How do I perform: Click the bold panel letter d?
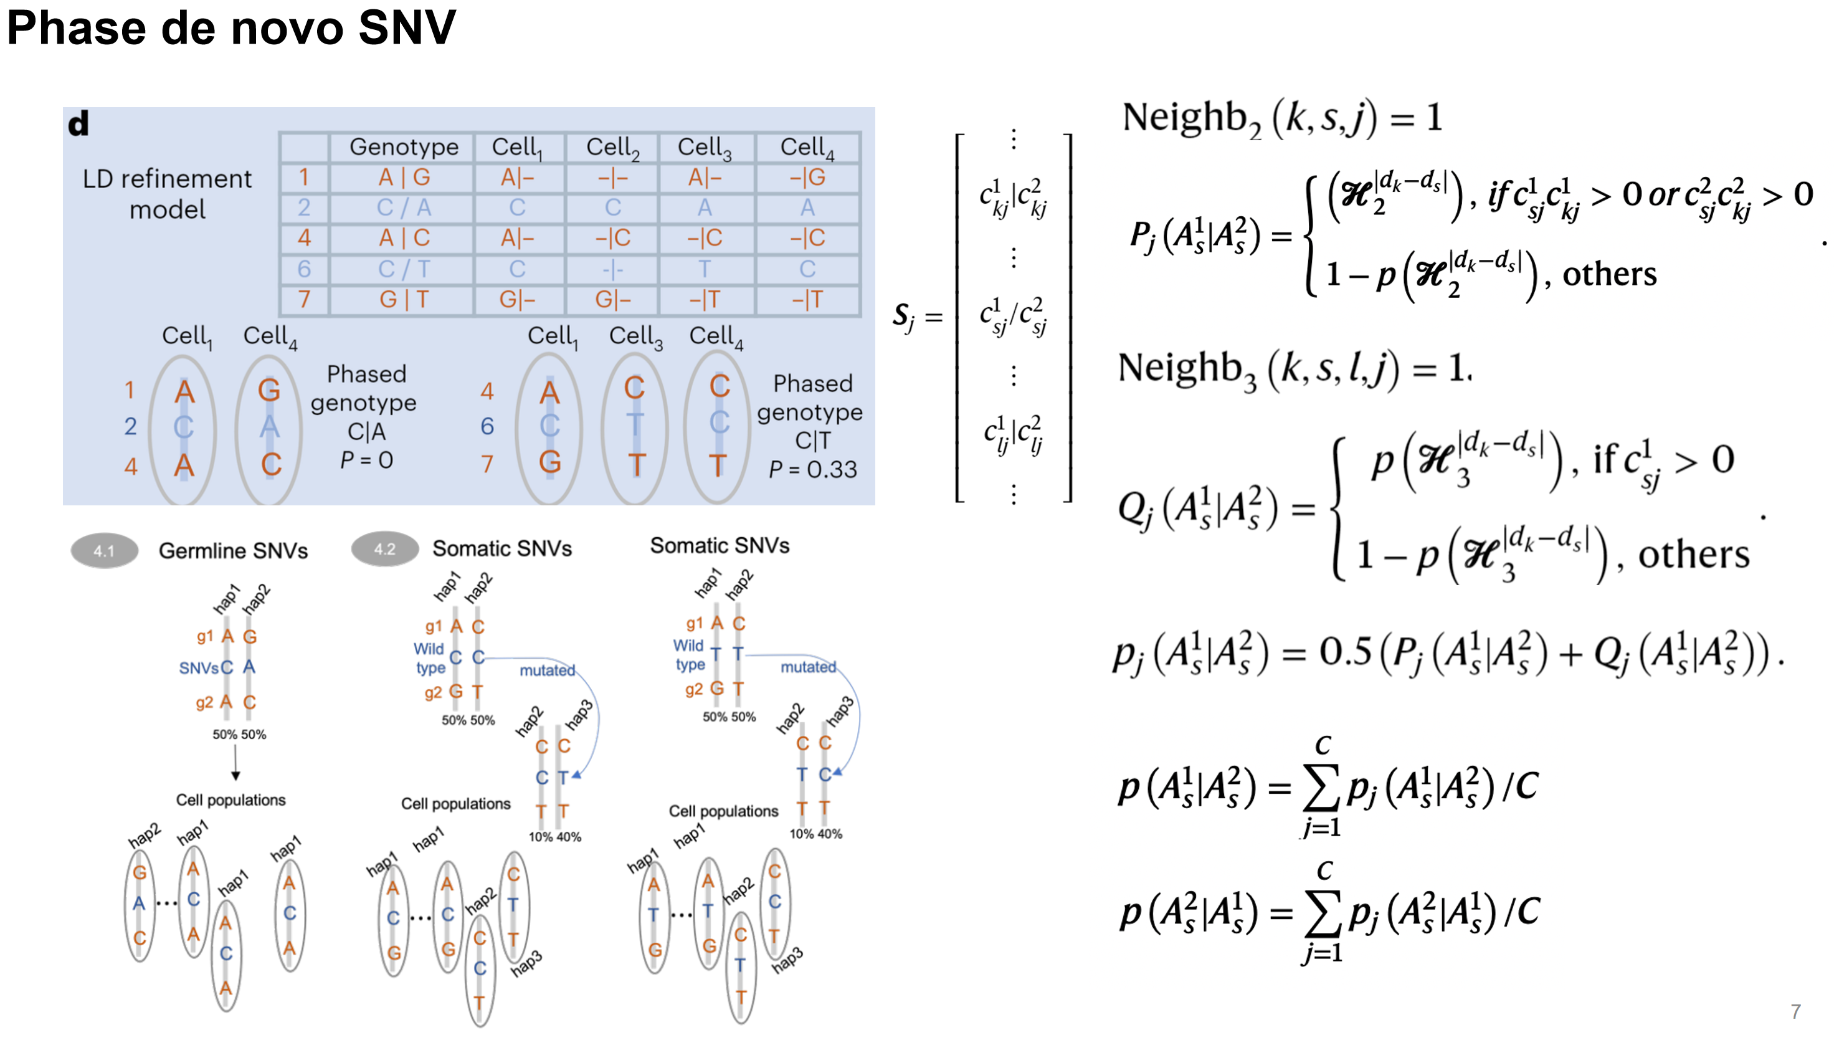coord(78,124)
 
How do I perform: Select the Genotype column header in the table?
coord(403,146)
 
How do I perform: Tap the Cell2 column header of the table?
coord(612,147)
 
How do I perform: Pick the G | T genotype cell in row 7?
coord(403,299)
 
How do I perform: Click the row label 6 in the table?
coord(304,269)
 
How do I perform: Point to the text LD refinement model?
coord(167,194)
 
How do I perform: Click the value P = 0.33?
coord(812,469)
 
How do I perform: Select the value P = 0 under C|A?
coord(366,460)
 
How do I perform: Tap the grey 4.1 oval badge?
coord(104,551)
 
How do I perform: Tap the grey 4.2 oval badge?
coord(385,548)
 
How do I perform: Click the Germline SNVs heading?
coord(233,551)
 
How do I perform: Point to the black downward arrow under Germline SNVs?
coord(235,766)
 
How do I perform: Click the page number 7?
coord(1795,1011)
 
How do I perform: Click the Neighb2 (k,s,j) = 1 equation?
coord(1281,118)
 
